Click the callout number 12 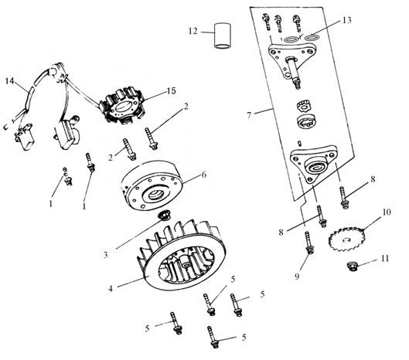point(193,31)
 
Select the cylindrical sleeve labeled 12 point(223,36)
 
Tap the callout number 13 point(346,20)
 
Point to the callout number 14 point(9,81)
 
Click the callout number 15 point(172,91)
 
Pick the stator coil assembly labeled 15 point(123,107)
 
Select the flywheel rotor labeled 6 point(152,185)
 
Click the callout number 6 point(204,175)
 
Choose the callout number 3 point(105,255)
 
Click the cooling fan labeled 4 point(182,255)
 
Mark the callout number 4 point(111,289)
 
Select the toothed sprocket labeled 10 point(346,239)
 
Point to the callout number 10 point(387,212)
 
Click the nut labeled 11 point(353,267)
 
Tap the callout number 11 point(385,258)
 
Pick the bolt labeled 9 point(308,243)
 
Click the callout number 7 point(249,115)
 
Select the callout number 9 point(297,277)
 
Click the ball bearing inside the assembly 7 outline point(306,122)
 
